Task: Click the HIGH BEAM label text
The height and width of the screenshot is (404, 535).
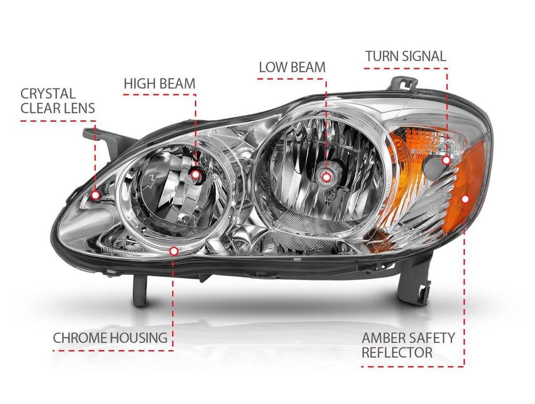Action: tap(159, 83)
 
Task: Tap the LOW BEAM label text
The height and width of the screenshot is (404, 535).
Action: tap(292, 67)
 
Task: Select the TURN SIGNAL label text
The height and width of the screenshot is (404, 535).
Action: tap(405, 57)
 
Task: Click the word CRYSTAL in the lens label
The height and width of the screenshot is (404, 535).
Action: tap(48, 94)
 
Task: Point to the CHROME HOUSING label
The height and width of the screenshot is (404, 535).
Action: tap(110, 338)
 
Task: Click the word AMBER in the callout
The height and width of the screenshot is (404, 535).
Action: tap(384, 338)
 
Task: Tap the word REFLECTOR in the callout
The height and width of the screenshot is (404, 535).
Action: tap(397, 353)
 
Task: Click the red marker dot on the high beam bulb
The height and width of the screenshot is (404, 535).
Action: tap(195, 174)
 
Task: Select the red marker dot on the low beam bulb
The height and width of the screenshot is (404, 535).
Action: tap(326, 177)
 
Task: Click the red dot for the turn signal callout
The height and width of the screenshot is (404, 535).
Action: tap(446, 160)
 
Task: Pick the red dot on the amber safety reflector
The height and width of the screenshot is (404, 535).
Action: tap(465, 199)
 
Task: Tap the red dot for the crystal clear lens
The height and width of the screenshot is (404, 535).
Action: tap(95, 195)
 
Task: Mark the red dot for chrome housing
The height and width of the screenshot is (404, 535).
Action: tap(174, 251)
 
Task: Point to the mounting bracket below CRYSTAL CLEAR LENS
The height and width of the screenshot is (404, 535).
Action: tap(95, 136)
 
